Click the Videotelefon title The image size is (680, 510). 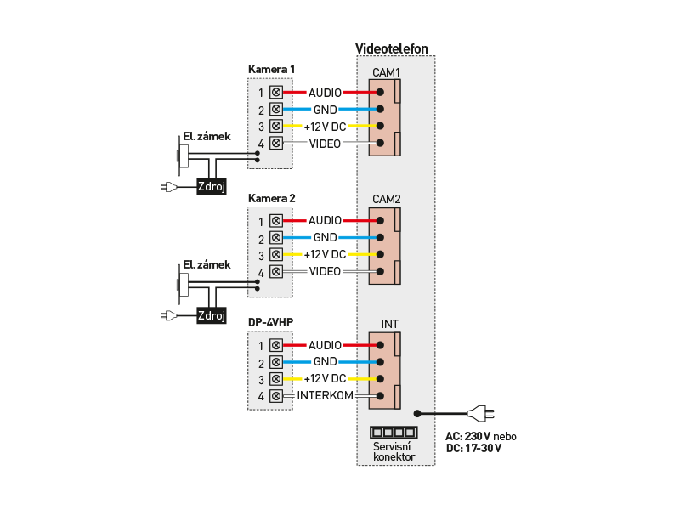click(x=391, y=48)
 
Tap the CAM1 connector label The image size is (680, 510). click(x=386, y=72)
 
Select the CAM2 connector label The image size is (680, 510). click(x=386, y=199)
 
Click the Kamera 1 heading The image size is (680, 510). click(x=272, y=69)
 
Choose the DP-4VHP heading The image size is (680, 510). click(x=270, y=323)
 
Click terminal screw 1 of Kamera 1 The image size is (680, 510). click(x=275, y=92)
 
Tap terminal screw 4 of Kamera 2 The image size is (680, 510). click(x=275, y=271)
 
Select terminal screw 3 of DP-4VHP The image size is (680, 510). click(x=275, y=379)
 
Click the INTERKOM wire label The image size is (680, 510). click(x=325, y=396)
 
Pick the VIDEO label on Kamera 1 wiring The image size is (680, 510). click(x=325, y=144)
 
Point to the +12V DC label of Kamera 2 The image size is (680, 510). click(x=325, y=254)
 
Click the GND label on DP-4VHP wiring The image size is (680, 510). click(x=325, y=361)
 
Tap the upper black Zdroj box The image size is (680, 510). click(x=212, y=188)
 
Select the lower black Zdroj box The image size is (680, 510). click(x=212, y=315)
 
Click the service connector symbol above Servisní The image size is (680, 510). click(x=393, y=433)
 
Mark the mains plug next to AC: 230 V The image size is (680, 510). click(x=477, y=415)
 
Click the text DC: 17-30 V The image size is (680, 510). click(x=473, y=448)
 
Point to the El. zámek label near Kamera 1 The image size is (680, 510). click(x=207, y=136)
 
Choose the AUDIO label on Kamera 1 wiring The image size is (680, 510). click(x=325, y=92)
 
